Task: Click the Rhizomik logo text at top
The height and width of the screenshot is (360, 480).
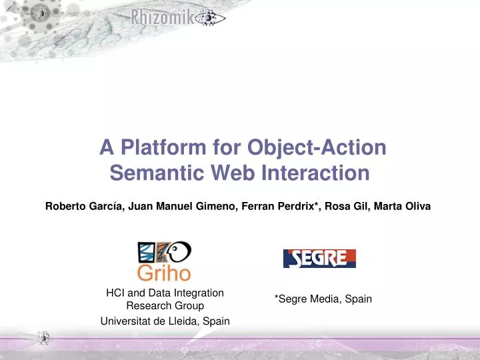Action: point(163,19)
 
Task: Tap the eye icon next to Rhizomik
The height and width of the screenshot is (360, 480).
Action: point(210,19)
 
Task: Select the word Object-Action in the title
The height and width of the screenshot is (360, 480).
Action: point(317,147)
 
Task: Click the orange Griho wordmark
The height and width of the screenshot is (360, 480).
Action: point(164,273)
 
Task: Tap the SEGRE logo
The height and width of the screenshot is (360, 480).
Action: point(319,259)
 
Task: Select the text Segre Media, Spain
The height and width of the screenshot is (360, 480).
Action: point(325,299)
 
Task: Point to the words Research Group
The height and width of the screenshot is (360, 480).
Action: point(165,306)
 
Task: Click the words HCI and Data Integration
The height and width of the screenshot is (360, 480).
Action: point(165,293)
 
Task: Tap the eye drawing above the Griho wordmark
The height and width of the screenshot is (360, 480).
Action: point(177,251)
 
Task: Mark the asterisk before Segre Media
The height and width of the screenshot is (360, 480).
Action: point(277,298)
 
